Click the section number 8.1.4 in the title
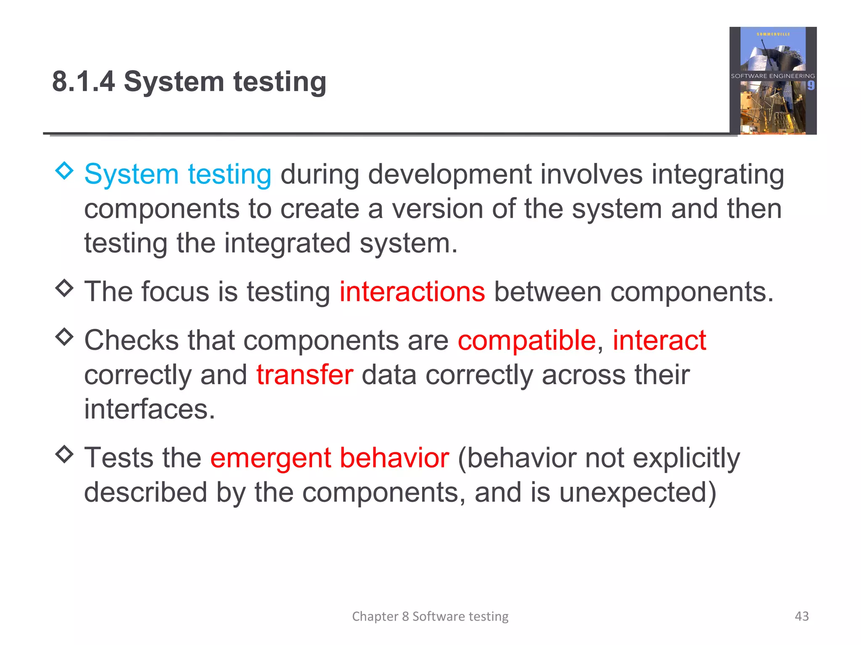pyautogui.click(x=83, y=81)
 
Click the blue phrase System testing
pyautogui.click(x=177, y=175)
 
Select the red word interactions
pyautogui.click(x=412, y=292)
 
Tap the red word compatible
pyautogui.click(x=527, y=340)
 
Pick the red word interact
pyautogui.click(x=659, y=340)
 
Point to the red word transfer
pyautogui.click(x=305, y=375)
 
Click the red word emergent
pyautogui.click(x=271, y=458)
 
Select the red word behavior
pyautogui.click(x=394, y=458)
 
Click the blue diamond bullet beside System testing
pyautogui.click(x=64, y=170)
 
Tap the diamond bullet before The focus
pyautogui.click(x=64, y=288)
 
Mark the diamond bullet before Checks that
pyautogui.click(x=64, y=336)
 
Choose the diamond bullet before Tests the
pyautogui.click(x=64, y=454)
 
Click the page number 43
pyautogui.click(x=802, y=616)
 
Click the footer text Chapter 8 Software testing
pyautogui.click(x=430, y=616)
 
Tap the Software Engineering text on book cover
pyautogui.click(x=773, y=76)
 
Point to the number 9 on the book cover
pyautogui.click(x=811, y=86)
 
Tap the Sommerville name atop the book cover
pyautogui.click(x=773, y=34)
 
